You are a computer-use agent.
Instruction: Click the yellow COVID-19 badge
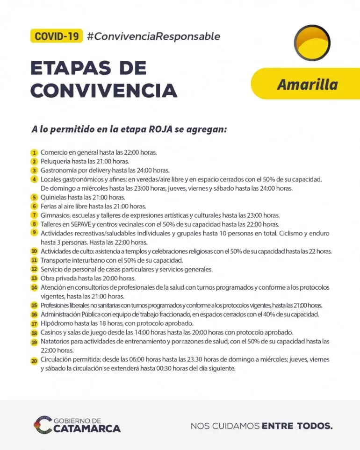[57, 36]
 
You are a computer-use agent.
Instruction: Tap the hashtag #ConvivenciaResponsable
[153, 36]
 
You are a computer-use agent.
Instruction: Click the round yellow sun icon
[312, 43]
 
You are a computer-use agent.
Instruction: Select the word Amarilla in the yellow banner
[307, 85]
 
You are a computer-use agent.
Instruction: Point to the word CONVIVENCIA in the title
[104, 90]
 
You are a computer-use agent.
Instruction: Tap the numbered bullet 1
[34, 153]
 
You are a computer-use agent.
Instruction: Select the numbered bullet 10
[34, 251]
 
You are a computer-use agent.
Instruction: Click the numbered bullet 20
[34, 360]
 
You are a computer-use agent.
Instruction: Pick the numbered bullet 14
[34, 287]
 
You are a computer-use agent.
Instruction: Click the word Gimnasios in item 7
[56, 215]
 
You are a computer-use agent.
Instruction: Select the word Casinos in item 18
[51, 333]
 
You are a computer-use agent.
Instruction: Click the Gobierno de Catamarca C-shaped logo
[43, 424]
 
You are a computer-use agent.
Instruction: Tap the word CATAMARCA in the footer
[87, 429]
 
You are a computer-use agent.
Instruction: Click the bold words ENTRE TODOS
[297, 426]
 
